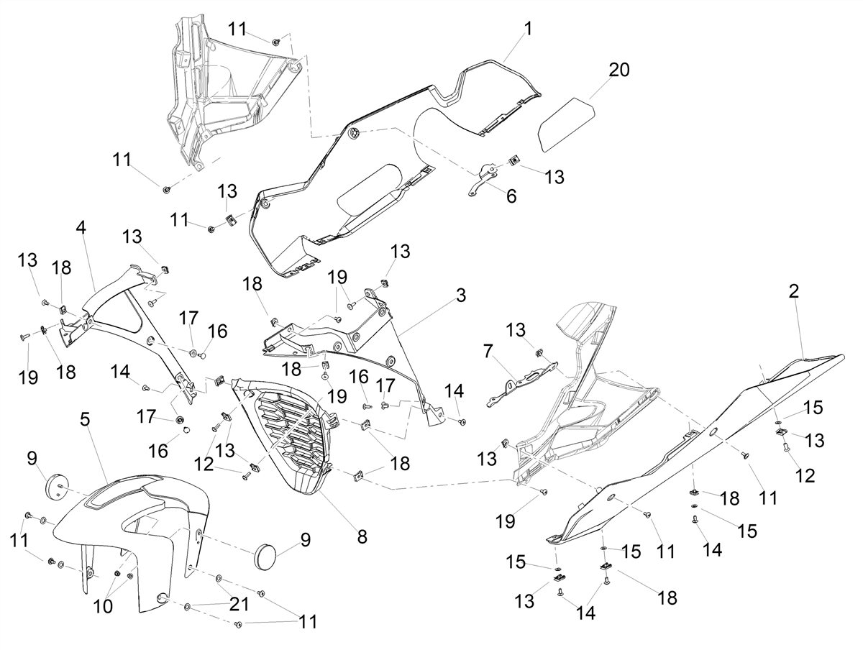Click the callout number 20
pos(619,70)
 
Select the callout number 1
pos(528,29)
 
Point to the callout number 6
pos(511,196)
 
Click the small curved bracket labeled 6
pos(482,180)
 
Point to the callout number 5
pos(85,420)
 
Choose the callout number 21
pos(239,605)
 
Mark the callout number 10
pos(103,606)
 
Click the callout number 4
pos(81,227)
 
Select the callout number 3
pos(461,295)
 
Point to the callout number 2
pos(794,291)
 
